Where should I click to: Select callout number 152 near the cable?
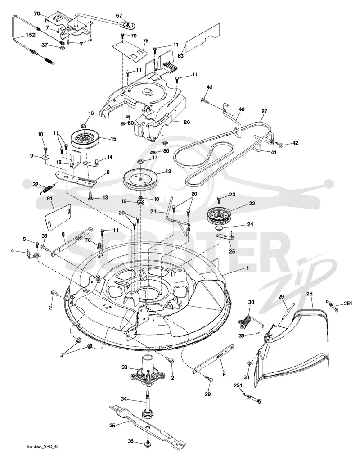coord(30,35)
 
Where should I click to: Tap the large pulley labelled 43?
coord(140,180)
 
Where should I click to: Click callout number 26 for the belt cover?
coord(187,122)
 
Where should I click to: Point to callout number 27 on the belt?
coord(265,111)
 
